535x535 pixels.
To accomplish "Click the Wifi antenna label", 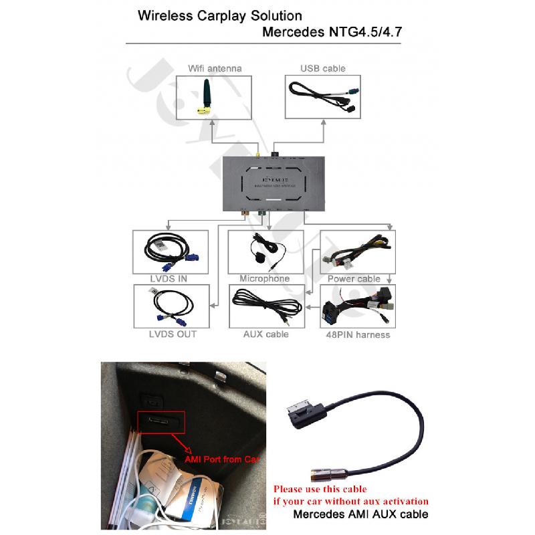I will [214, 68].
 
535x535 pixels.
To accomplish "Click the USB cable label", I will [324, 68].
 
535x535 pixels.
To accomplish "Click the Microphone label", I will [265, 278].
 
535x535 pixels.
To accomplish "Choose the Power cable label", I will [354, 278].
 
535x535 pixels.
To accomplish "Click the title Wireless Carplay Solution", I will [219, 16].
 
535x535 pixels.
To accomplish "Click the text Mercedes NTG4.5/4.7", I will [332, 31].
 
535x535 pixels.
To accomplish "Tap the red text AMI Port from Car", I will [222, 461].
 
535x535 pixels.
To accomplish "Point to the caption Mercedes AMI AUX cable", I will [360, 514].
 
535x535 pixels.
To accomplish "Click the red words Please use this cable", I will [320, 489].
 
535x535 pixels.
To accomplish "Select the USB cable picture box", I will [324, 98].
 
